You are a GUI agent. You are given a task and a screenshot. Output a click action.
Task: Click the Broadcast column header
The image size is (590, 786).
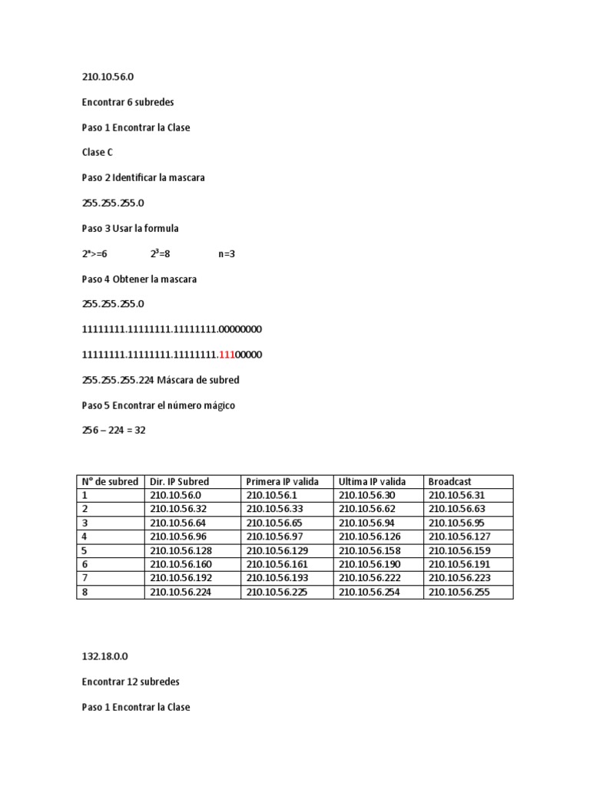point(449,481)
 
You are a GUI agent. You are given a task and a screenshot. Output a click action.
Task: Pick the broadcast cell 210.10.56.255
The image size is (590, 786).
point(459,593)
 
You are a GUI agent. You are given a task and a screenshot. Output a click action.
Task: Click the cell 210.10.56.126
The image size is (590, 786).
point(370,537)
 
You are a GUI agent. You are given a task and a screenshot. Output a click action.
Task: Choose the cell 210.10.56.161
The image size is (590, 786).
point(274,564)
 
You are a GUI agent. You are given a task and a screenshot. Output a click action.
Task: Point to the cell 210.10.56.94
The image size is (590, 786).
point(367,523)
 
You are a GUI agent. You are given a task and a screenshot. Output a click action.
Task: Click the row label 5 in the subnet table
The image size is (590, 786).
point(85,550)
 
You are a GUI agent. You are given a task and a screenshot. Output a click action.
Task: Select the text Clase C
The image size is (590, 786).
point(98,153)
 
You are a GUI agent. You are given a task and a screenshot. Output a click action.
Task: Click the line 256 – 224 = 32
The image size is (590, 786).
point(114,431)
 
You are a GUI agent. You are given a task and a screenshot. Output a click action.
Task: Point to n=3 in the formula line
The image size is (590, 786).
point(227,254)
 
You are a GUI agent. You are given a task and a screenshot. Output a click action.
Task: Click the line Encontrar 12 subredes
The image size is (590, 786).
point(131,682)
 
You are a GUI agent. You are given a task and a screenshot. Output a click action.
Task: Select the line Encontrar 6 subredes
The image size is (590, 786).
point(128,102)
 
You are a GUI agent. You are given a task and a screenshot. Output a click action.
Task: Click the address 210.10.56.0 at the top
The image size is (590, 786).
point(113,77)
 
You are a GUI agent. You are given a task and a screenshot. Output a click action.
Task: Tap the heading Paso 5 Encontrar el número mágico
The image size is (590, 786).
point(158,405)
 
